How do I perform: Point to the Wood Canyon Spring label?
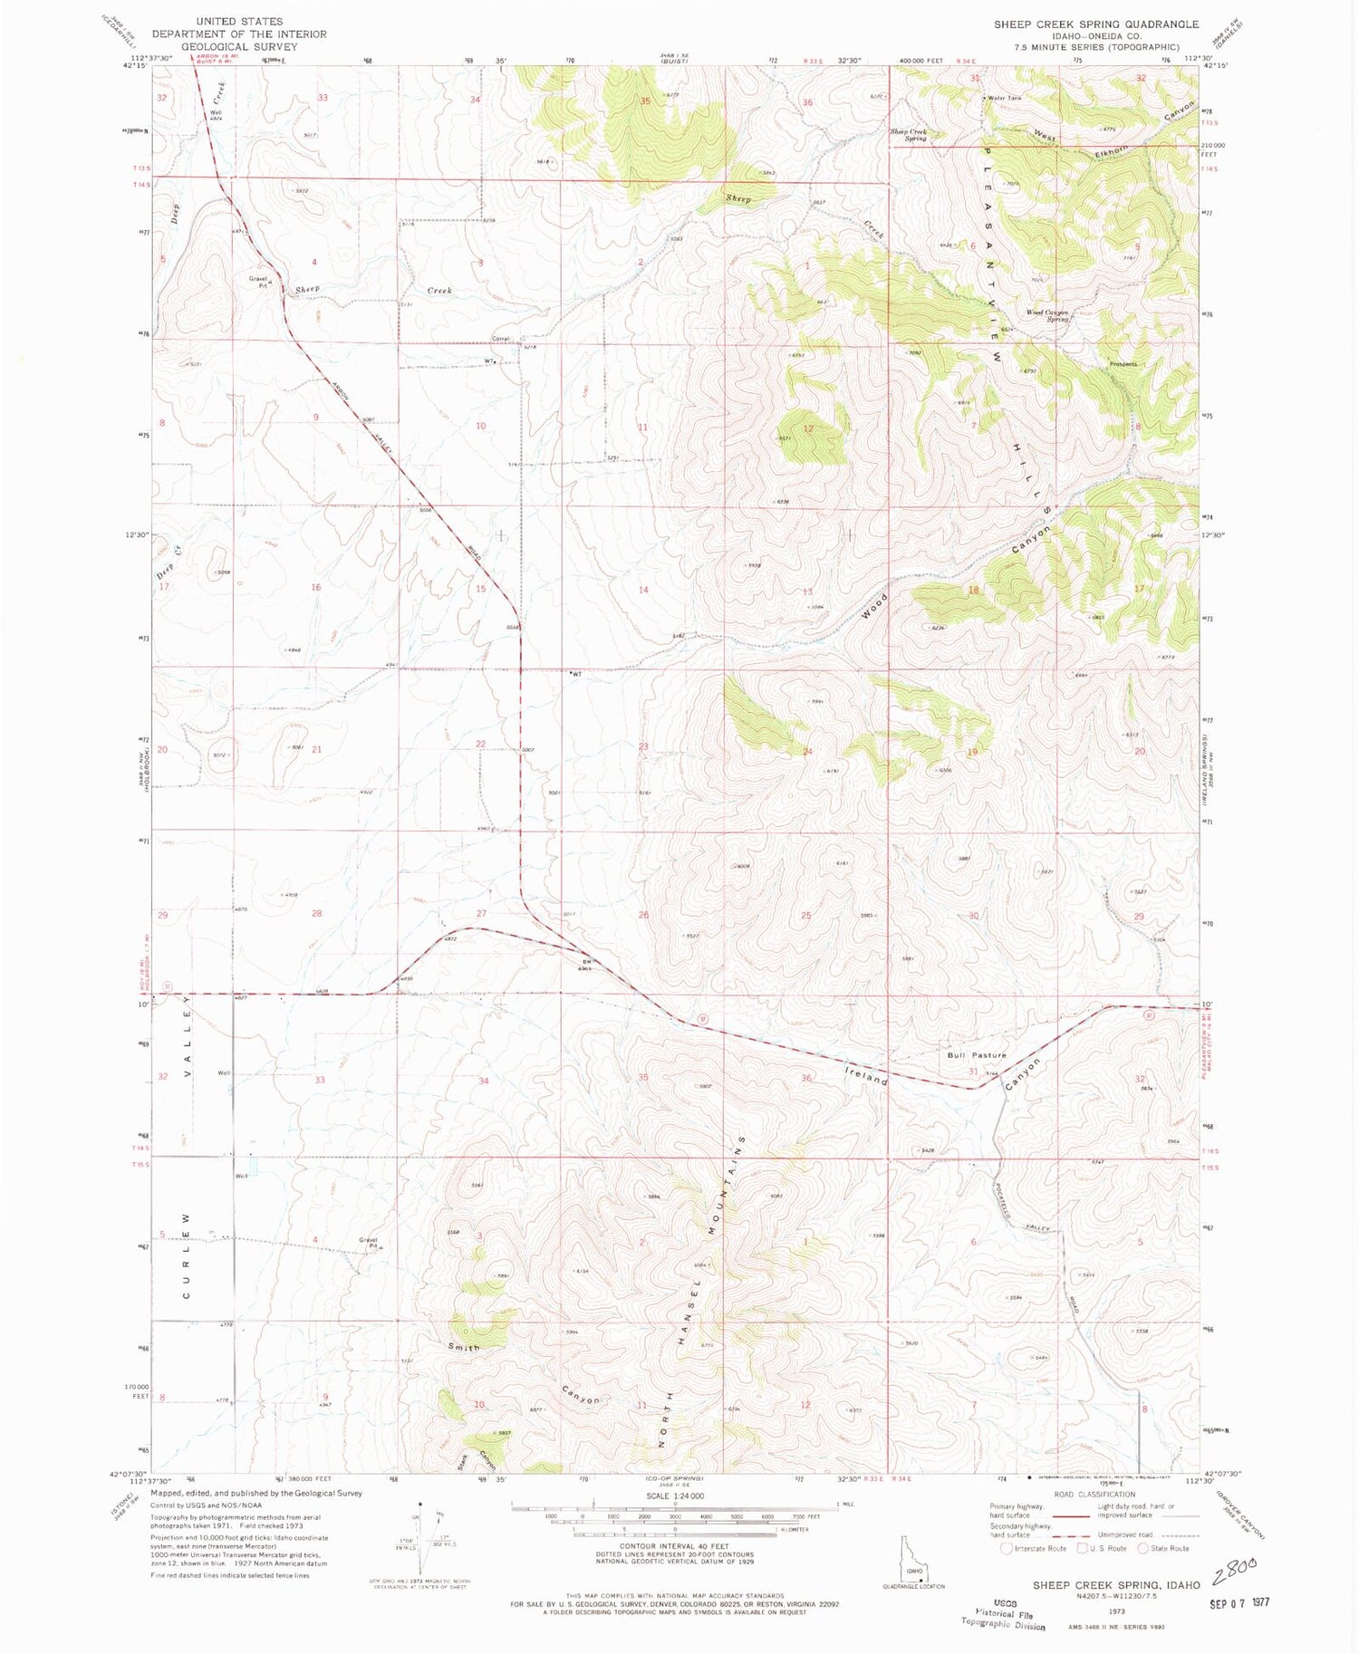[x=1047, y=315]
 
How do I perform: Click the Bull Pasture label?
[x=977, y=1055]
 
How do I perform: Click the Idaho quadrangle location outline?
[x=913, y=1562]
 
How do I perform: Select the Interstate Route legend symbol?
[x=1007, y=1548]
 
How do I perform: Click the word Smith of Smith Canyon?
[x=464, y=1347]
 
